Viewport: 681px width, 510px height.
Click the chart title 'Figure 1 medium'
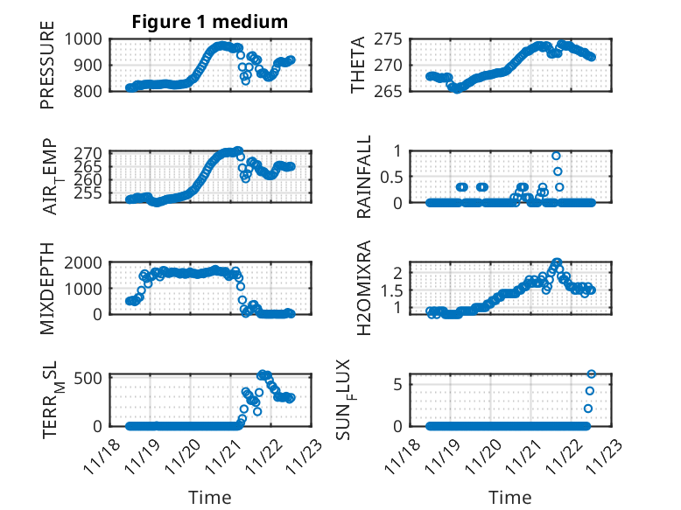(209, 21)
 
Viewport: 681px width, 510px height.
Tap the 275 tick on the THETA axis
(388, 39)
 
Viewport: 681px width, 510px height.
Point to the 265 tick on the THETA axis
(388, 90)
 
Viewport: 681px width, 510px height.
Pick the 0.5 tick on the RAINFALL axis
(391, 177)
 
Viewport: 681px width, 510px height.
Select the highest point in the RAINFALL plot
(557, 156)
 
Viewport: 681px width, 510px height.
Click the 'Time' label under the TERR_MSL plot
(210, 498)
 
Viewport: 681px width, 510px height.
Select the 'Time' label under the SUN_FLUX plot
(509, 498)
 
